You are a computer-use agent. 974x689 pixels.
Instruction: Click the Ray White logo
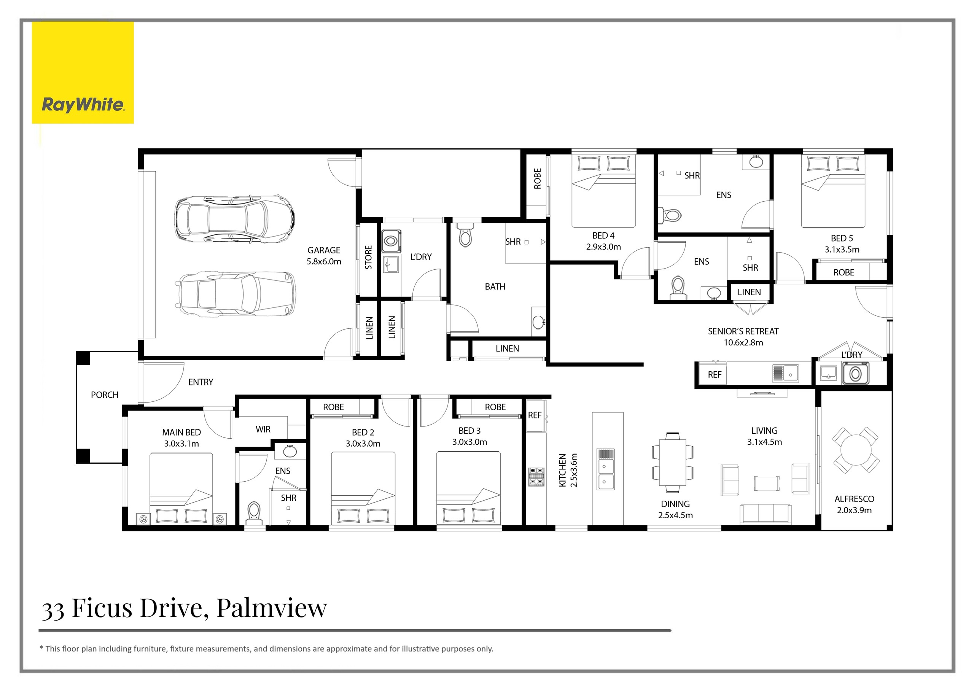point(83,73)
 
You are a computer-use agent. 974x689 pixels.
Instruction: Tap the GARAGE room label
point(324,250)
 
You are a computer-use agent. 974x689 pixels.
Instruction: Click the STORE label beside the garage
point(368,257)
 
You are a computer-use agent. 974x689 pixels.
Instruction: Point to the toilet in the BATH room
point(465,236)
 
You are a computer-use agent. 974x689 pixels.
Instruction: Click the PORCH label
point(104,395)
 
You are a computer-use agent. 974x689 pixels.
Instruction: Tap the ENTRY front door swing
point(163,382)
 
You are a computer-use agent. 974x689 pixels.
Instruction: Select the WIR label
point(263,430)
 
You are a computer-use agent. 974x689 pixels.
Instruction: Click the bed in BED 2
point(363,488)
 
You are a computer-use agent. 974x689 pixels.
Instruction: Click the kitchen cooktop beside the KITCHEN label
point(536,476)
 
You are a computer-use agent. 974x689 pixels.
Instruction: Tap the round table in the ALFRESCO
point(856,450)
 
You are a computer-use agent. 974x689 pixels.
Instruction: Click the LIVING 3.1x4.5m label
point(764,436)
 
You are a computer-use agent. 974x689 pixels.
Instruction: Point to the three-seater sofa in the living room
point(765,514)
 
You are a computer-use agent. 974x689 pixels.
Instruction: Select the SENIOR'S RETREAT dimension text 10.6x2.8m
point(743,343)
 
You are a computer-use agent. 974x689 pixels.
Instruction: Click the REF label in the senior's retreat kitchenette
point(715,375)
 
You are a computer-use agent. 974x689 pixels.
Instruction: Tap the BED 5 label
point(842,239)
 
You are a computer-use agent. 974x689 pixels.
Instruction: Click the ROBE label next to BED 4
point(538,178)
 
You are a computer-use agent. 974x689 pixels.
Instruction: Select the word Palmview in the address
point(272,608)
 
